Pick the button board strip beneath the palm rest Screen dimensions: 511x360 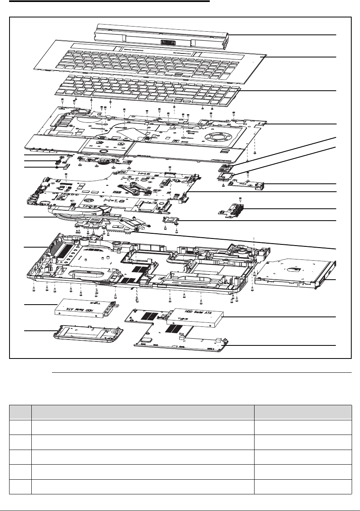tap(105, 160)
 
